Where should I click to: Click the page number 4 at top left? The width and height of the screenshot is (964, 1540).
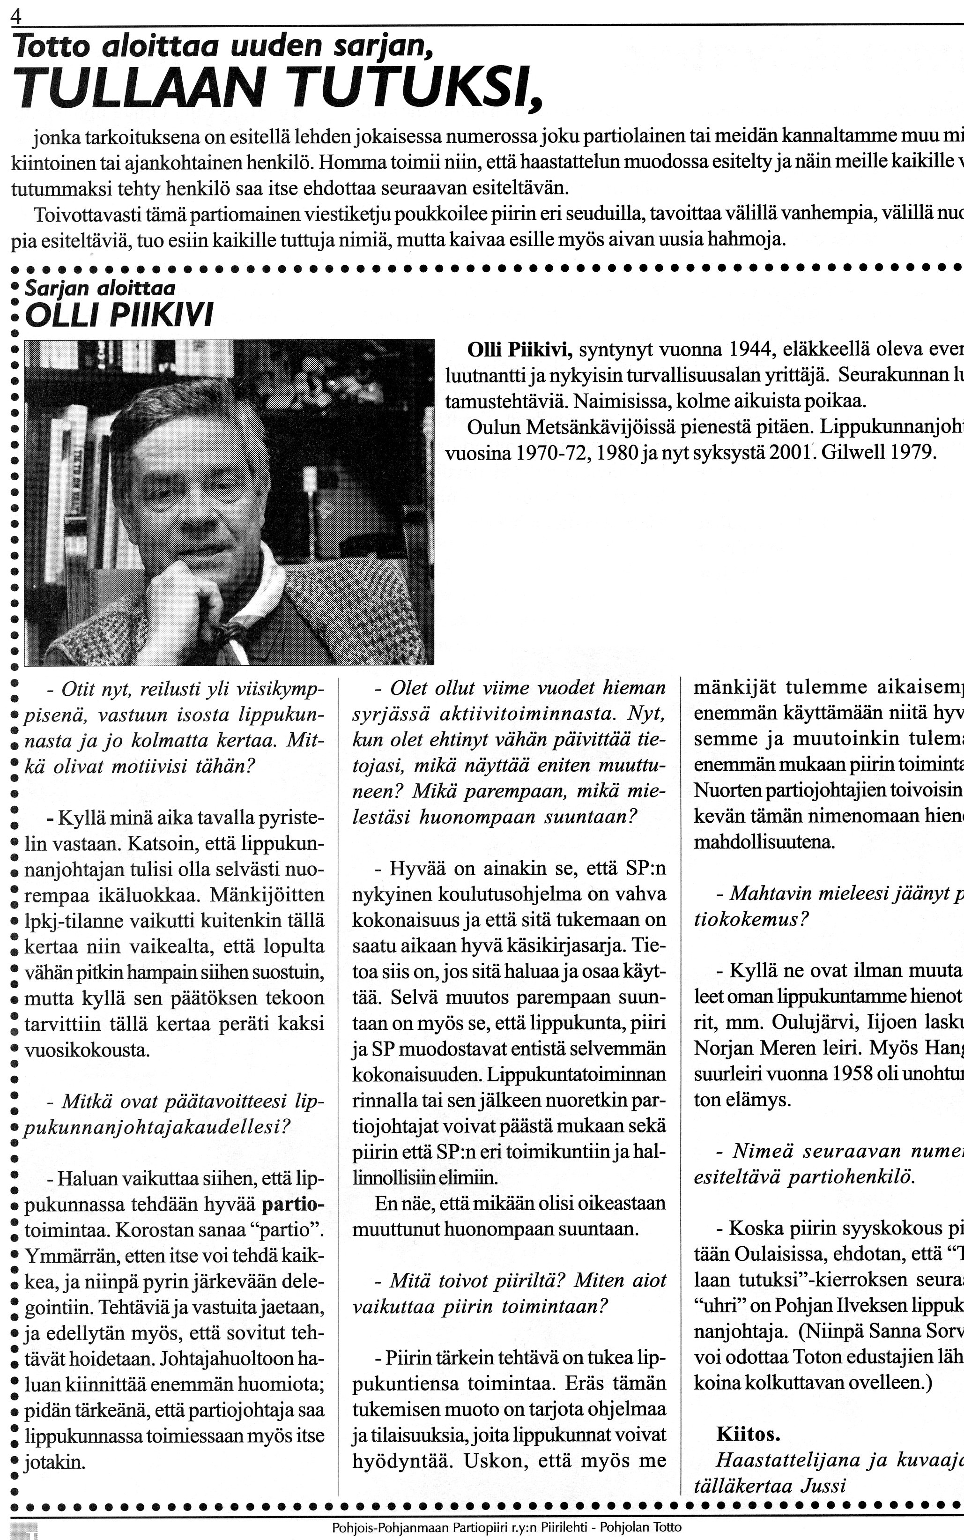click(x=16, y=18)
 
